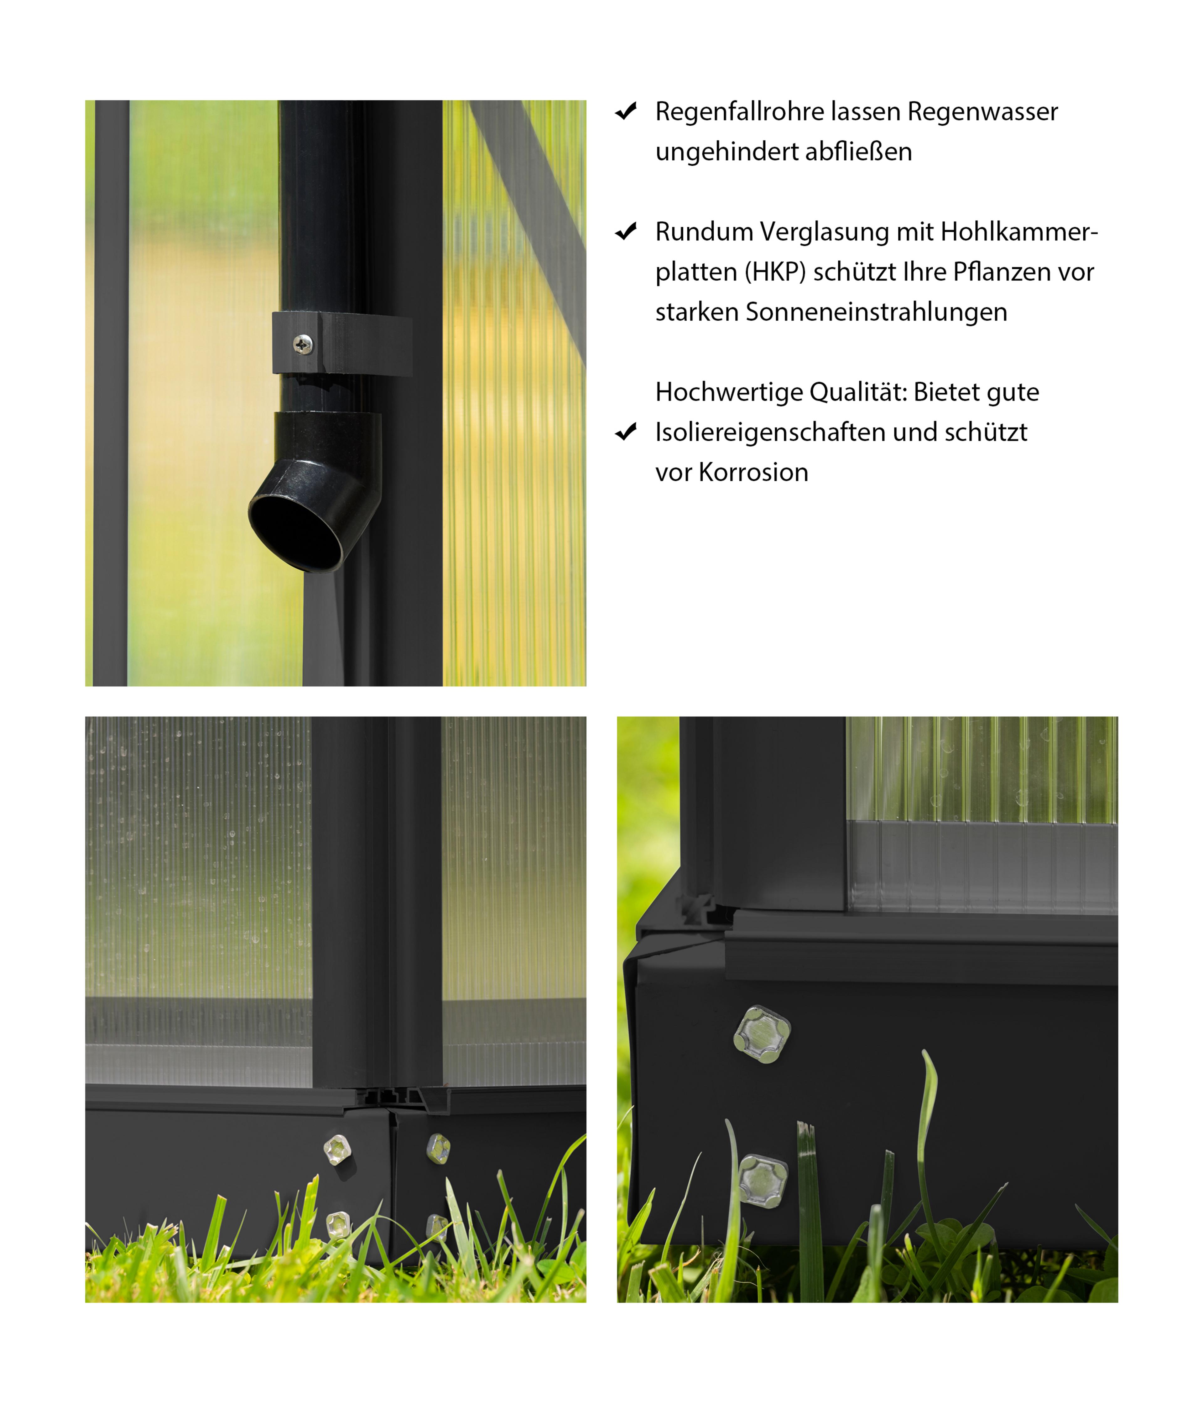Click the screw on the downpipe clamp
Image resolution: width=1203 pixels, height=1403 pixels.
coord(303,345)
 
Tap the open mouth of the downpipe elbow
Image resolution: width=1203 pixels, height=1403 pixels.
coord(296,533)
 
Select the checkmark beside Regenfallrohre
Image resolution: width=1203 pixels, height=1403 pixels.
coord(626,112)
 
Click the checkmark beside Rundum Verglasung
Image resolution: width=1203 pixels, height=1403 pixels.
coord(626,231)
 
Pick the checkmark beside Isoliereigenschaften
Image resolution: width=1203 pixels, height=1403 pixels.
coord(626,432)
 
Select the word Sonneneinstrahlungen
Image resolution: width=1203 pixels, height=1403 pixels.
coord(877,312)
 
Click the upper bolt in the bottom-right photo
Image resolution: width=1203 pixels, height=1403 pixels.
coord(762,1034)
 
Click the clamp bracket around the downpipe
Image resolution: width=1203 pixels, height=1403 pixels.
coord(342,343)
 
